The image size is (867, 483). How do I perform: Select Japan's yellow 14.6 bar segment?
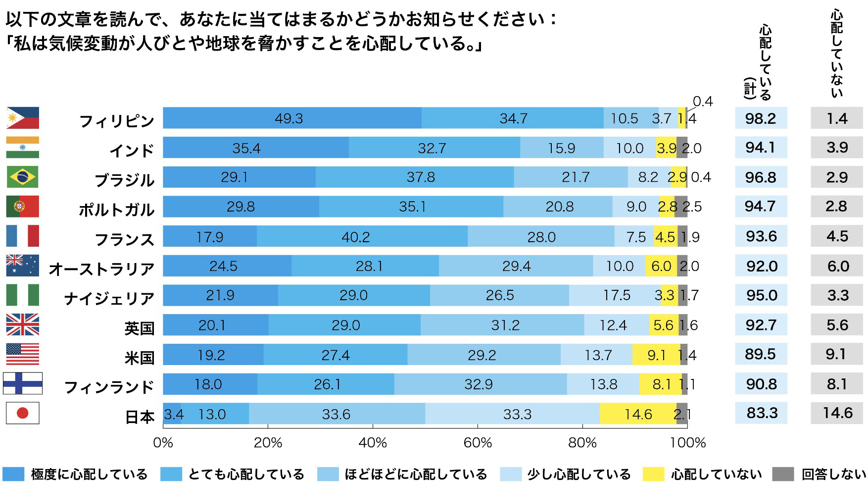click(638, 414)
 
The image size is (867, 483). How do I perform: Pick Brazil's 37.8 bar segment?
click(415, 177)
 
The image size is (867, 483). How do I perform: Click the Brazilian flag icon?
click(22, 177)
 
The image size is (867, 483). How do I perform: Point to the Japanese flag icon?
click(22, 413)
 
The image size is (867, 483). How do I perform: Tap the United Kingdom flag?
click(22, 324)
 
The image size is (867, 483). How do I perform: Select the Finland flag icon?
click(22, 383)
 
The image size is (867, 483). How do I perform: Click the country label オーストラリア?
click(101, 269)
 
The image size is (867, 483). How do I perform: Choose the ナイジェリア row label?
click(109, 299)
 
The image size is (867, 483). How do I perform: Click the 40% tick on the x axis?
click(373, 442)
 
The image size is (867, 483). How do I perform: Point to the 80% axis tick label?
click(582, 442)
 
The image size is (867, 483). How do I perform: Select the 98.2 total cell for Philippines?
click(761, 118)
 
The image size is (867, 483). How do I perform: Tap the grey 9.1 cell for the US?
click(836, 354)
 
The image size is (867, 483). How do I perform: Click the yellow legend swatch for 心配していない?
click(653, 474)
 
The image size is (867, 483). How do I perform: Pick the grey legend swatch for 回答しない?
click(783, 474)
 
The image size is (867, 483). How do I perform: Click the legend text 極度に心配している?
click(89, 474)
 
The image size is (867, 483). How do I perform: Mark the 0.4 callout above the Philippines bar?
click(702, 102)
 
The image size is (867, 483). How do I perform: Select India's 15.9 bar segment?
click(562, 148)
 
